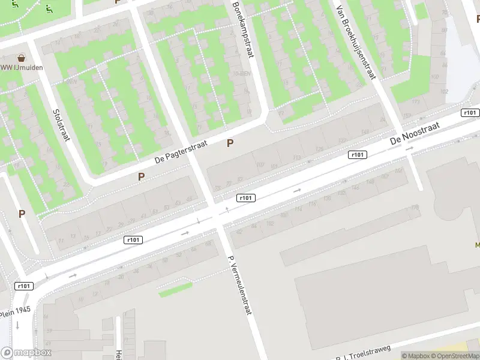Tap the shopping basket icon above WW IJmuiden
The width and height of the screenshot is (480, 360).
[x=22, y=58]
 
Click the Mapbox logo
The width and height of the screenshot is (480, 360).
[x=26, y=353]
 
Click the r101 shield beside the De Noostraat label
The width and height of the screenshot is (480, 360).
[x=357, y=155]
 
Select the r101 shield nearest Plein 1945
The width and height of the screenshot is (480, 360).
[x=24, y=286]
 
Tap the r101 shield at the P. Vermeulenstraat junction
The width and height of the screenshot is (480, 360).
[x=246, y=198]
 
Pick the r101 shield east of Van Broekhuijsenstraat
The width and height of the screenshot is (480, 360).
[x=470, y=113]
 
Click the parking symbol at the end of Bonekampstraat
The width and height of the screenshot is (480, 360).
[x=230, y=143]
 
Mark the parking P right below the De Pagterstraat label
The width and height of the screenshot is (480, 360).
[x=142, y=176]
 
